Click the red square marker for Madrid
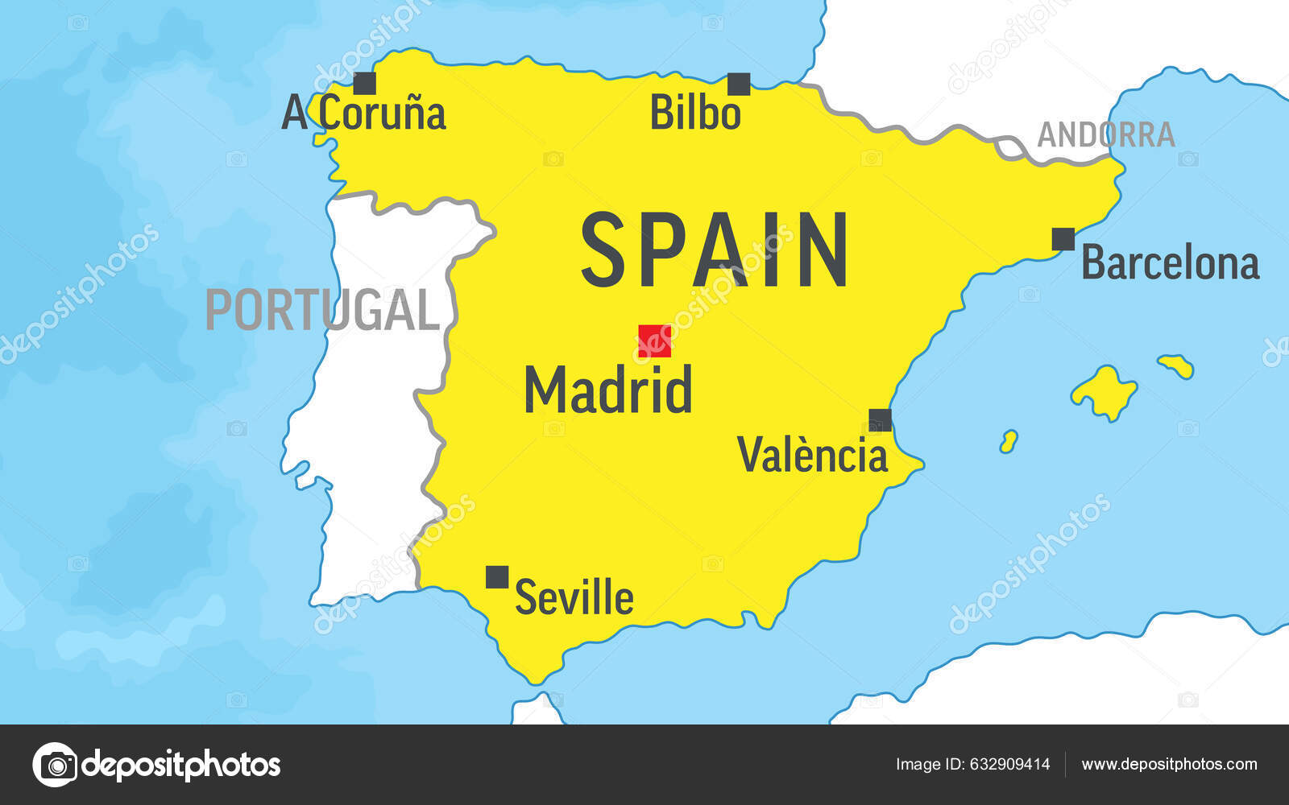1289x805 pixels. [x=654, y=341]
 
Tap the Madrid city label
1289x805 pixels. [x=608, y=390]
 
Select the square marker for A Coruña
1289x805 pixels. [x=365, y=83]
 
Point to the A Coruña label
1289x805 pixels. [x=363, y=114]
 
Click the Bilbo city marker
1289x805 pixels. [x=739, y=84]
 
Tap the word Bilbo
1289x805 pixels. [x=695, y=113]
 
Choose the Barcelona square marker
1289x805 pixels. [x=1063, y=239]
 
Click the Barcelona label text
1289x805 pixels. [x=1170, y=263]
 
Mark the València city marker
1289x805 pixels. [x=880, y=419]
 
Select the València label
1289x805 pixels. [x=812, y=455]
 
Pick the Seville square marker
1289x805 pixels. [x=497, y=576]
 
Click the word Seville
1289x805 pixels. [x=574, y=597]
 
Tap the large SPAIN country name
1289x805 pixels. [x=714, y=250]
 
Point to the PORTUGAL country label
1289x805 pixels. [x=322, y=310]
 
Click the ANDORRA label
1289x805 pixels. [x=1105, y=135]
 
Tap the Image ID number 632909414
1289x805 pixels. [x=1009, y=765]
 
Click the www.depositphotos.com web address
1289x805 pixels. [x=1169, y=765]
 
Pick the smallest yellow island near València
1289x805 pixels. [x=1008, y=441]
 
